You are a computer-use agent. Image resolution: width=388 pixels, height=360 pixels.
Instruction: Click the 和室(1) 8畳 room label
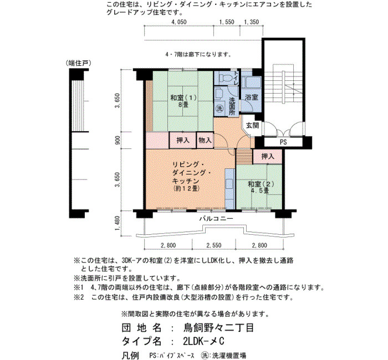tap(183, 101)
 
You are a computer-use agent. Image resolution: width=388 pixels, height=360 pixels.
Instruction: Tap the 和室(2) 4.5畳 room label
tap(261, 187)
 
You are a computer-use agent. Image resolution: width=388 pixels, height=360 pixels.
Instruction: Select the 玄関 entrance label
tap(252, 125)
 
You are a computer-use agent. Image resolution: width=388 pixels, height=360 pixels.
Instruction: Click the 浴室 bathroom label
tap(252, 97)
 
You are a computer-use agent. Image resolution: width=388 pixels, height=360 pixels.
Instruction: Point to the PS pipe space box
tap(283, 142)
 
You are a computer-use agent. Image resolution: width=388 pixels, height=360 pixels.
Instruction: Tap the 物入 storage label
tap(205, 140)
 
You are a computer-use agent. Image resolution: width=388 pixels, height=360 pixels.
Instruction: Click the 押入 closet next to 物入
tap(183, 140)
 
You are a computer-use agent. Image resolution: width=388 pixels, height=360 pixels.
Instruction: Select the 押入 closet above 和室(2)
tap(268, 156)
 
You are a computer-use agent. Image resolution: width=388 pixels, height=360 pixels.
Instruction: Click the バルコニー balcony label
tap(216, 219)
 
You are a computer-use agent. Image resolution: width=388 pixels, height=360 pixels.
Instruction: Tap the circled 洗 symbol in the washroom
tap(219, 108)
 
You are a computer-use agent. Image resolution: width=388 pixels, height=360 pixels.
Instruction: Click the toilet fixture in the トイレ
tap(224, 79)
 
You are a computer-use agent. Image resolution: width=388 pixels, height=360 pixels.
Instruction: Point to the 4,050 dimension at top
tap(179, 22)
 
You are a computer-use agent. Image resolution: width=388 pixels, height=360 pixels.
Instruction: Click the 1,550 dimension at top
tap(227, 22)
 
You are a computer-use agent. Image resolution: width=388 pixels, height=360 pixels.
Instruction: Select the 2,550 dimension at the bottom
tap(214, 245)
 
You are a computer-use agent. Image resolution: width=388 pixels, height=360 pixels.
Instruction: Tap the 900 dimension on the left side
tap(118, 140)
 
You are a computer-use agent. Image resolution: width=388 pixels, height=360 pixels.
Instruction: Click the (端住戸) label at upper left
tap(79, 63)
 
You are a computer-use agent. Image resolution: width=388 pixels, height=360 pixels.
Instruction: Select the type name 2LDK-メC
tap(203, 341)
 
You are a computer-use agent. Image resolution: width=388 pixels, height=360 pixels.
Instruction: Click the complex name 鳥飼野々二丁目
tap(218, 328)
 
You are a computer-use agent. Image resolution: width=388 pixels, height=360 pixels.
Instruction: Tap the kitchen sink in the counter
tap(229, 184)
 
